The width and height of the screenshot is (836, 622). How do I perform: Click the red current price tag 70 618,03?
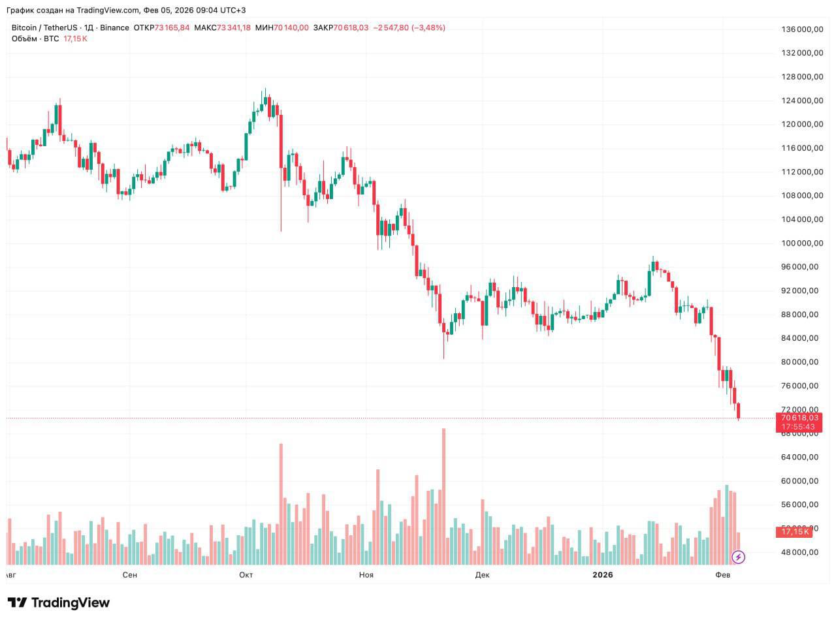(x=798, y=418)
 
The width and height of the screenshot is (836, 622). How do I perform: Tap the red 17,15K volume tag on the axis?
(x=795, y=531)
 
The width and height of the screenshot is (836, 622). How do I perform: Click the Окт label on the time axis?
(x=246, y=575)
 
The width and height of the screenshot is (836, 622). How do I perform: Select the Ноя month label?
(x=366, y=575)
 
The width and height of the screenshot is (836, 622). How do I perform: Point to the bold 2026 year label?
(x=602, y=575)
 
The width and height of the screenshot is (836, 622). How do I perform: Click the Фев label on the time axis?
(x=722, y=575)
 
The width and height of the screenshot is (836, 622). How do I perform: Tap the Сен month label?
(x=130, y=575)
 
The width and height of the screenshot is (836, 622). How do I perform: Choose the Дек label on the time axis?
(x=482, y=575)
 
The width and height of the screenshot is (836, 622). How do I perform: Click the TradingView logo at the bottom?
(x=59, y=602)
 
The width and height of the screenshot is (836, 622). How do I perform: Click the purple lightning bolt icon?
(x=738, y=557)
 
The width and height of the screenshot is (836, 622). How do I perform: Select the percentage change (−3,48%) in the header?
(x=428, y=28)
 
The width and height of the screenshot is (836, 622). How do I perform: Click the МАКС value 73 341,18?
(x=233, y=28)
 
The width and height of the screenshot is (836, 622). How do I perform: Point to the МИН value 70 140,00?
(x=291, y=28)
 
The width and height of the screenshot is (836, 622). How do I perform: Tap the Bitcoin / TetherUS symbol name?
(x=44, y=28)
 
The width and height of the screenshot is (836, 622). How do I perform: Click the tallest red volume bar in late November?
(x=443, y=496)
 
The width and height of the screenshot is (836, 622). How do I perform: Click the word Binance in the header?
(x=114, y=28)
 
